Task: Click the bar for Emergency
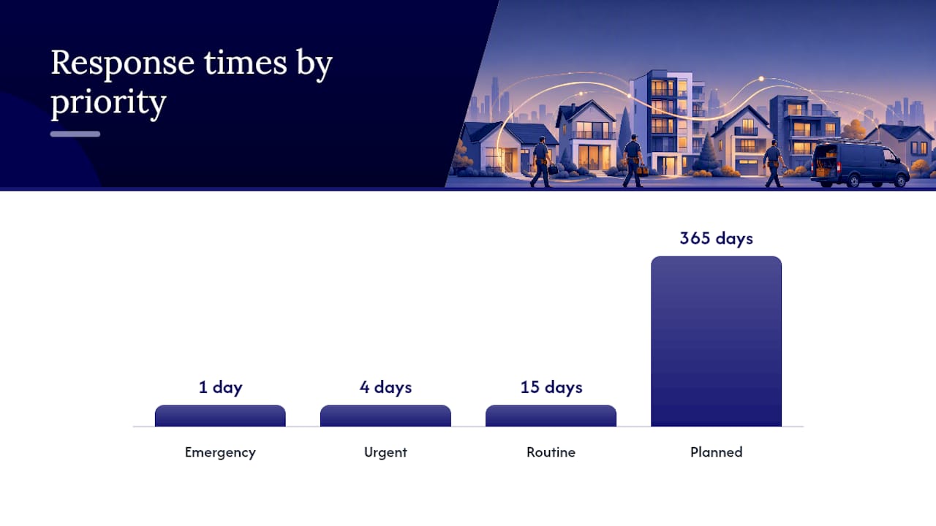[x=220, y=416]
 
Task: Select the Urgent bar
[x=385, y=416]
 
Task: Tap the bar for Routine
[x=551, y=416]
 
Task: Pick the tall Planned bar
[x=716, y=341]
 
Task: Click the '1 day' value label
[x=221, y=387]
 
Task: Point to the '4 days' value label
[x=385, y=387]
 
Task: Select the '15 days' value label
[x=551, y=387]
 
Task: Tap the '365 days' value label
[x=716, y=238]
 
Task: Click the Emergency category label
[x=220, y=452]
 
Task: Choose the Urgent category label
[x=385, y=452]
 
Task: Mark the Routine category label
[x=551, y=452]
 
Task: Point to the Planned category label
[x=716, y=452]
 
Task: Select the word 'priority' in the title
[x=109, y=103]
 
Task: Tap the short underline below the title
[x=75, y=134]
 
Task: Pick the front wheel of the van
[x=900, y=180]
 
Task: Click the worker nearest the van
[x=774, y=163]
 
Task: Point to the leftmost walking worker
[x=542, y=161]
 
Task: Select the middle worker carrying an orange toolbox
[x=633, y=161]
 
